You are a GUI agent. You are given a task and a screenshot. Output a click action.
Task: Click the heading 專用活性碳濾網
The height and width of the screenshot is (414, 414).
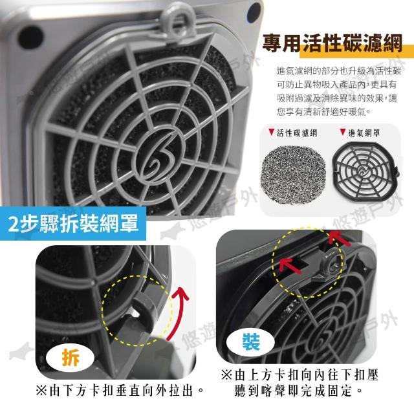[x=332, y=43]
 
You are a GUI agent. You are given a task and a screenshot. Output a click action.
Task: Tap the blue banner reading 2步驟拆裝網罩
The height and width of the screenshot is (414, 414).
[x=73, y=224]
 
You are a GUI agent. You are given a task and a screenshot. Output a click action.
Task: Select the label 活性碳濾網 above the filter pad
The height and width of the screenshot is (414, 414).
[x=297, y=133]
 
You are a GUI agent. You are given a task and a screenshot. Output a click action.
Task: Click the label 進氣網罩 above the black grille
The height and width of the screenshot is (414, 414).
[x=364, y=133]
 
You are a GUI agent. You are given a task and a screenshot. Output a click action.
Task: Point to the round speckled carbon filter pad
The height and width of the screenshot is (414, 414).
[x=294, y=171]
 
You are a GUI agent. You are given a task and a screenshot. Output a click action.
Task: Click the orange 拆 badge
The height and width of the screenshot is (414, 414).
[x=71, y=358]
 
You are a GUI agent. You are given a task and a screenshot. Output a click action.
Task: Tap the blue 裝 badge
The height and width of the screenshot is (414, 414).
[x=250, y=342]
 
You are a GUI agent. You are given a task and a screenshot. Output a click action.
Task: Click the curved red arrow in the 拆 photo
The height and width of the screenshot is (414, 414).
[x=177, y=312]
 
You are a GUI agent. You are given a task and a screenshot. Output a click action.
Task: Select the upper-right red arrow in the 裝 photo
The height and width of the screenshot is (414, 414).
[x=340, y=238]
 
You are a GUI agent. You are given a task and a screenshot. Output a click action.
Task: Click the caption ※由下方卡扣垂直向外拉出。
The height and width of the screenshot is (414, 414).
[x=120, y=391]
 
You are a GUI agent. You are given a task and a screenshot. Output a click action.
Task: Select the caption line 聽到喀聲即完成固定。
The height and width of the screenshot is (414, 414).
[x=299, y=391]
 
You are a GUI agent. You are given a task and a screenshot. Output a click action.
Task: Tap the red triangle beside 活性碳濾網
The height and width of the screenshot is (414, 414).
[x=271, y=132]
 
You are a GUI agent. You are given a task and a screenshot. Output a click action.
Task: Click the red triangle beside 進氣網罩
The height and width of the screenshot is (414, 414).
[x=343, y=132]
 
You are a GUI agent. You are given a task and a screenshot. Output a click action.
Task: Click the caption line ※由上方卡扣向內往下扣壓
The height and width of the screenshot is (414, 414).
[x=300, y=375]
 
